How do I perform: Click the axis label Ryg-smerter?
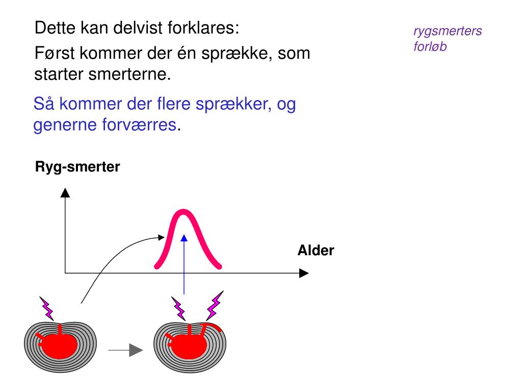tap(77, 167)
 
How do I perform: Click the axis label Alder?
tap(316, 251)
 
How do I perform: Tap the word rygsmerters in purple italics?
tap(447, 32)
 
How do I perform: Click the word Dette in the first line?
tap(55, 28)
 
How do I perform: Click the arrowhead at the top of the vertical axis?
tap(65, 192)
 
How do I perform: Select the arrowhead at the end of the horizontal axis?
tap(304, 273)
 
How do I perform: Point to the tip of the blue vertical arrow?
tap(184, 237)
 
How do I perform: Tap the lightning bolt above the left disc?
tap(47, 307)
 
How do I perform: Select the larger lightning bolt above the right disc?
tap(214, 305)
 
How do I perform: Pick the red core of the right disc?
tap(189, 346)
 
